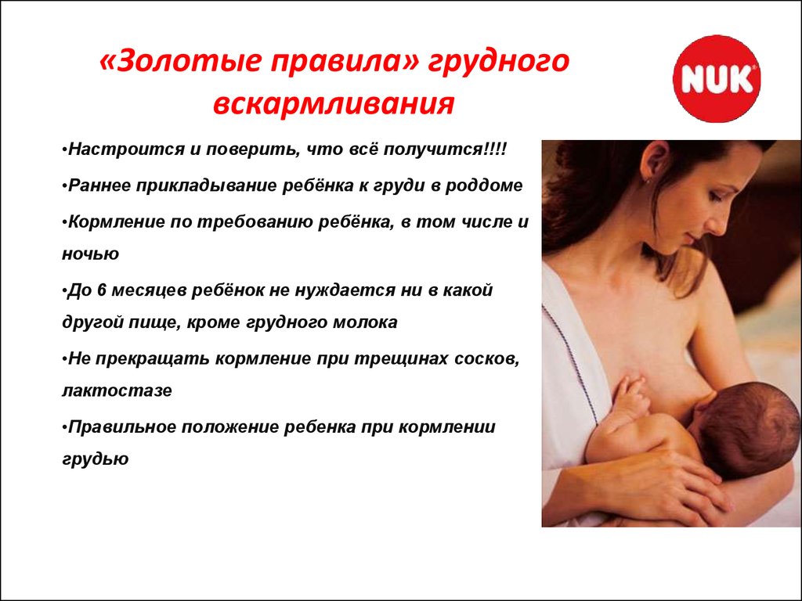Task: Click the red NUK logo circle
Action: [x=717, y=79]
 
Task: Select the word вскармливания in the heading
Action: [x=334, y=104]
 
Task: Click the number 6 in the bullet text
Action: [x=101, y=290]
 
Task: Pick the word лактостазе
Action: [x=117, y=390]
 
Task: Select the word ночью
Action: [x=91, y=254]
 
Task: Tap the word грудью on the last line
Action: [x=95, y=459]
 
